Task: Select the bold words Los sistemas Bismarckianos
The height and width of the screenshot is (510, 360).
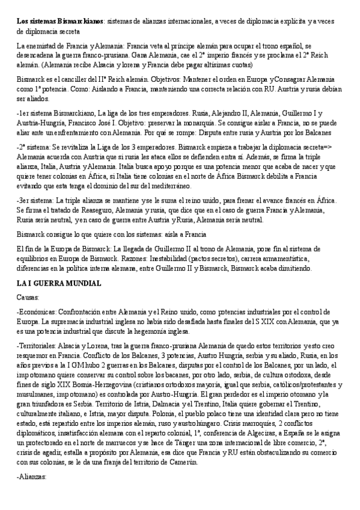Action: pyautogui.click(x=59, y=22)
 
